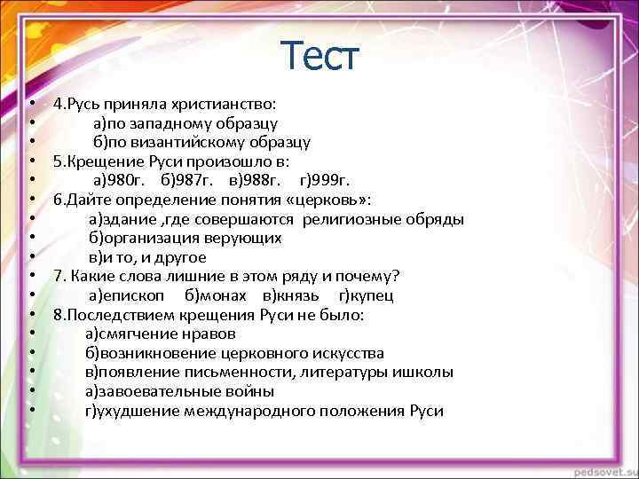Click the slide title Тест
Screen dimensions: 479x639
point(319,56)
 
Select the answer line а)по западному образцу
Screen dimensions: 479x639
point(185,122)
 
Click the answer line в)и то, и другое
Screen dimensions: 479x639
point(147,257)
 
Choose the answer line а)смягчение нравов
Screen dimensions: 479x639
point(161,334)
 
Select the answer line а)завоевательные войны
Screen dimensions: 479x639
point(180,391)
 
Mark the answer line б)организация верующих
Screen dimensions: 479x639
point(185,238)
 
